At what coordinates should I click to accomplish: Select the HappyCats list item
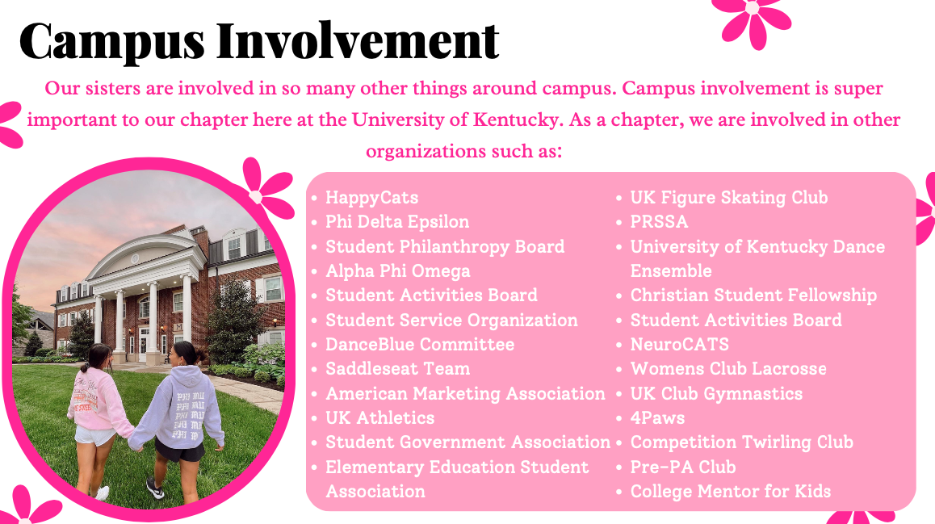click(371, 198)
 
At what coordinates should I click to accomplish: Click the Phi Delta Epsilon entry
click(396, 222)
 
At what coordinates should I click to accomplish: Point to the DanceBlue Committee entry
click(419, 345)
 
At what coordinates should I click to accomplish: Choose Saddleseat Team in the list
click(397, 369)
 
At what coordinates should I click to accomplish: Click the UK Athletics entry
click(379, 418)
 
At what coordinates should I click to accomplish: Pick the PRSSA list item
click(659, 222)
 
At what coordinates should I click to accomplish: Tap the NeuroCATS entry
click(679, 345)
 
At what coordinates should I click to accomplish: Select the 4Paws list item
click(657, 418)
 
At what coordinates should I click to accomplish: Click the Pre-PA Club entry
click(682, 467)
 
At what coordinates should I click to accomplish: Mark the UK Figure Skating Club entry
click(728, 198)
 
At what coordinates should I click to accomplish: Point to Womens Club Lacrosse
click(728, 369)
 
